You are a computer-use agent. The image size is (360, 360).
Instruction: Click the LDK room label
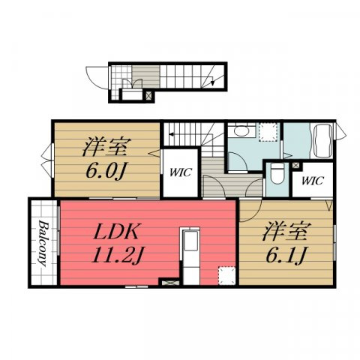[115, 231]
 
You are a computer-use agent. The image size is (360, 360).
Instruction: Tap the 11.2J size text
[117, 255]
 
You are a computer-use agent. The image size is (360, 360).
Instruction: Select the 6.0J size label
[105, 171]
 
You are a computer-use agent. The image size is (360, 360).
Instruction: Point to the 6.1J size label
[286, 255]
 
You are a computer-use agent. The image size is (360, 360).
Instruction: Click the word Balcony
[43, 243]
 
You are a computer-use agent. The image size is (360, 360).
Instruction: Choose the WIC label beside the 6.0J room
[181, 172]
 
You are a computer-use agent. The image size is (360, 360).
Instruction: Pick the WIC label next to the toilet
[313, 181]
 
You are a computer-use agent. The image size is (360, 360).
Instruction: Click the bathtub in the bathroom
[322, 141]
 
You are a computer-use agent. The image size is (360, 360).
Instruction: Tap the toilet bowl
[277, 174]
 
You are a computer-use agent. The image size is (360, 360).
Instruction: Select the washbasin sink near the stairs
[241, 130]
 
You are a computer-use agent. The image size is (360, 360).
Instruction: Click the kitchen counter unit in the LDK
[190, 256]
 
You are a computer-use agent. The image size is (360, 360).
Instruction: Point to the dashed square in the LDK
[227, 275]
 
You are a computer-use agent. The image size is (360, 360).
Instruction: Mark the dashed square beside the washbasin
[268, 132]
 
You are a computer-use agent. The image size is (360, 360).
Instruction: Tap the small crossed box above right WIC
[295, 166]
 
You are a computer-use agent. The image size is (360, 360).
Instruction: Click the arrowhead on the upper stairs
[171, 134]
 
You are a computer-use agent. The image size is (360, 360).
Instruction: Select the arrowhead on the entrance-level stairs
[212, 82]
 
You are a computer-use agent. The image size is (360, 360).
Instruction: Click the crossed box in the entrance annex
[148, 95]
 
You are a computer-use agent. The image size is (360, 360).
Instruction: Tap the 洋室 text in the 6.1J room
[286, 231]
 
